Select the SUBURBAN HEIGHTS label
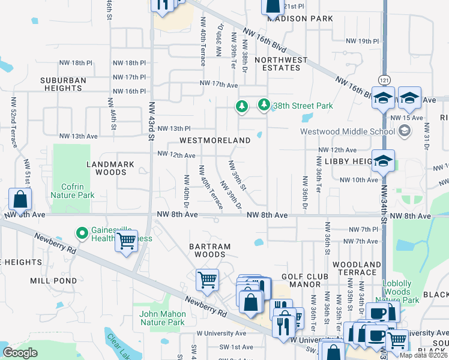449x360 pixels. point(63,84)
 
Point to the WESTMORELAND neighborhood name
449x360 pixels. point(215,140)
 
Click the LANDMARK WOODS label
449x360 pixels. point(107,168)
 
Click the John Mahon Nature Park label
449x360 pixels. point(161,318)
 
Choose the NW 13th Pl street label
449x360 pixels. point(174,128)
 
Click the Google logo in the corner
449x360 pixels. point(20,353)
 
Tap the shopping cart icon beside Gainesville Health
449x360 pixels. point(126,241)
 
